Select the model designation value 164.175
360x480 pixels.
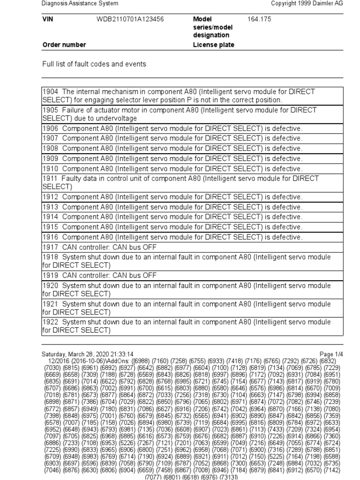(x=259, y=20)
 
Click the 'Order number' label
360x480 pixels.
(x=64, y=45)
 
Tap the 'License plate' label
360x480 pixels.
(x=214, y=45)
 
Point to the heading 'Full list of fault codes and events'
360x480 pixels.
(x=94, y=64)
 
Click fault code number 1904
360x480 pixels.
(x=50, y=92)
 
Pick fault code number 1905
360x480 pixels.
(x=50, y=111)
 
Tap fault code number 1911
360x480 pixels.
(x=50, y=179)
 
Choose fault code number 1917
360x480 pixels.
(x=50, y=247)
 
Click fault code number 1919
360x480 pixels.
(x=50, y=276)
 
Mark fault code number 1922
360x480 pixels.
(x=50, y=322)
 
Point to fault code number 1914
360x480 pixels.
(x=50, y=217)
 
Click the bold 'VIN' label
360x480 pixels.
(x=48, y=20)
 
